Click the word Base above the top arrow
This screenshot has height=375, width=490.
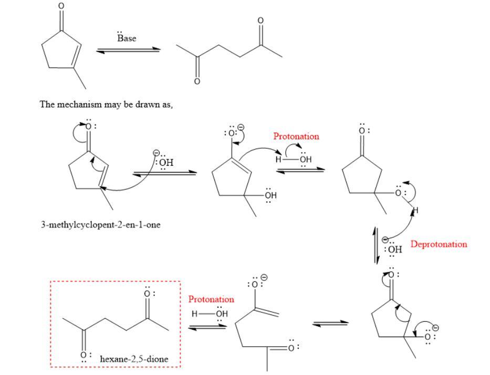coord(127,38)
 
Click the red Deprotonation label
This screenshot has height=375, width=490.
coord(439,244)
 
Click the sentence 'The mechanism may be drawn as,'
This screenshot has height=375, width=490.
coord(107,104)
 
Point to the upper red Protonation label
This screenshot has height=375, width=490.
coord(296,136)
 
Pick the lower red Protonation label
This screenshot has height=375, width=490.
coord(211,299)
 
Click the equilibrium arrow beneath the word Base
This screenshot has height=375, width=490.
coord(128,50)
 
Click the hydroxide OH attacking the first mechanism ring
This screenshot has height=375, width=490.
coord(166,162)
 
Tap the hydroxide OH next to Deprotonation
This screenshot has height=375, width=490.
coord(394,249)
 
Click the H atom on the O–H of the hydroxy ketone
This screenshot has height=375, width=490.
coord(415,211)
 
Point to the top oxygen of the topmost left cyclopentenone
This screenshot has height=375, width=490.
coord(61,6)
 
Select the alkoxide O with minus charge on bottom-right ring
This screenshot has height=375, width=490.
coord(428,336)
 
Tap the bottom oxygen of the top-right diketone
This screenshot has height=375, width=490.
coord(197,82)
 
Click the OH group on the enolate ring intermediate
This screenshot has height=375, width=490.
coord(270,195)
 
